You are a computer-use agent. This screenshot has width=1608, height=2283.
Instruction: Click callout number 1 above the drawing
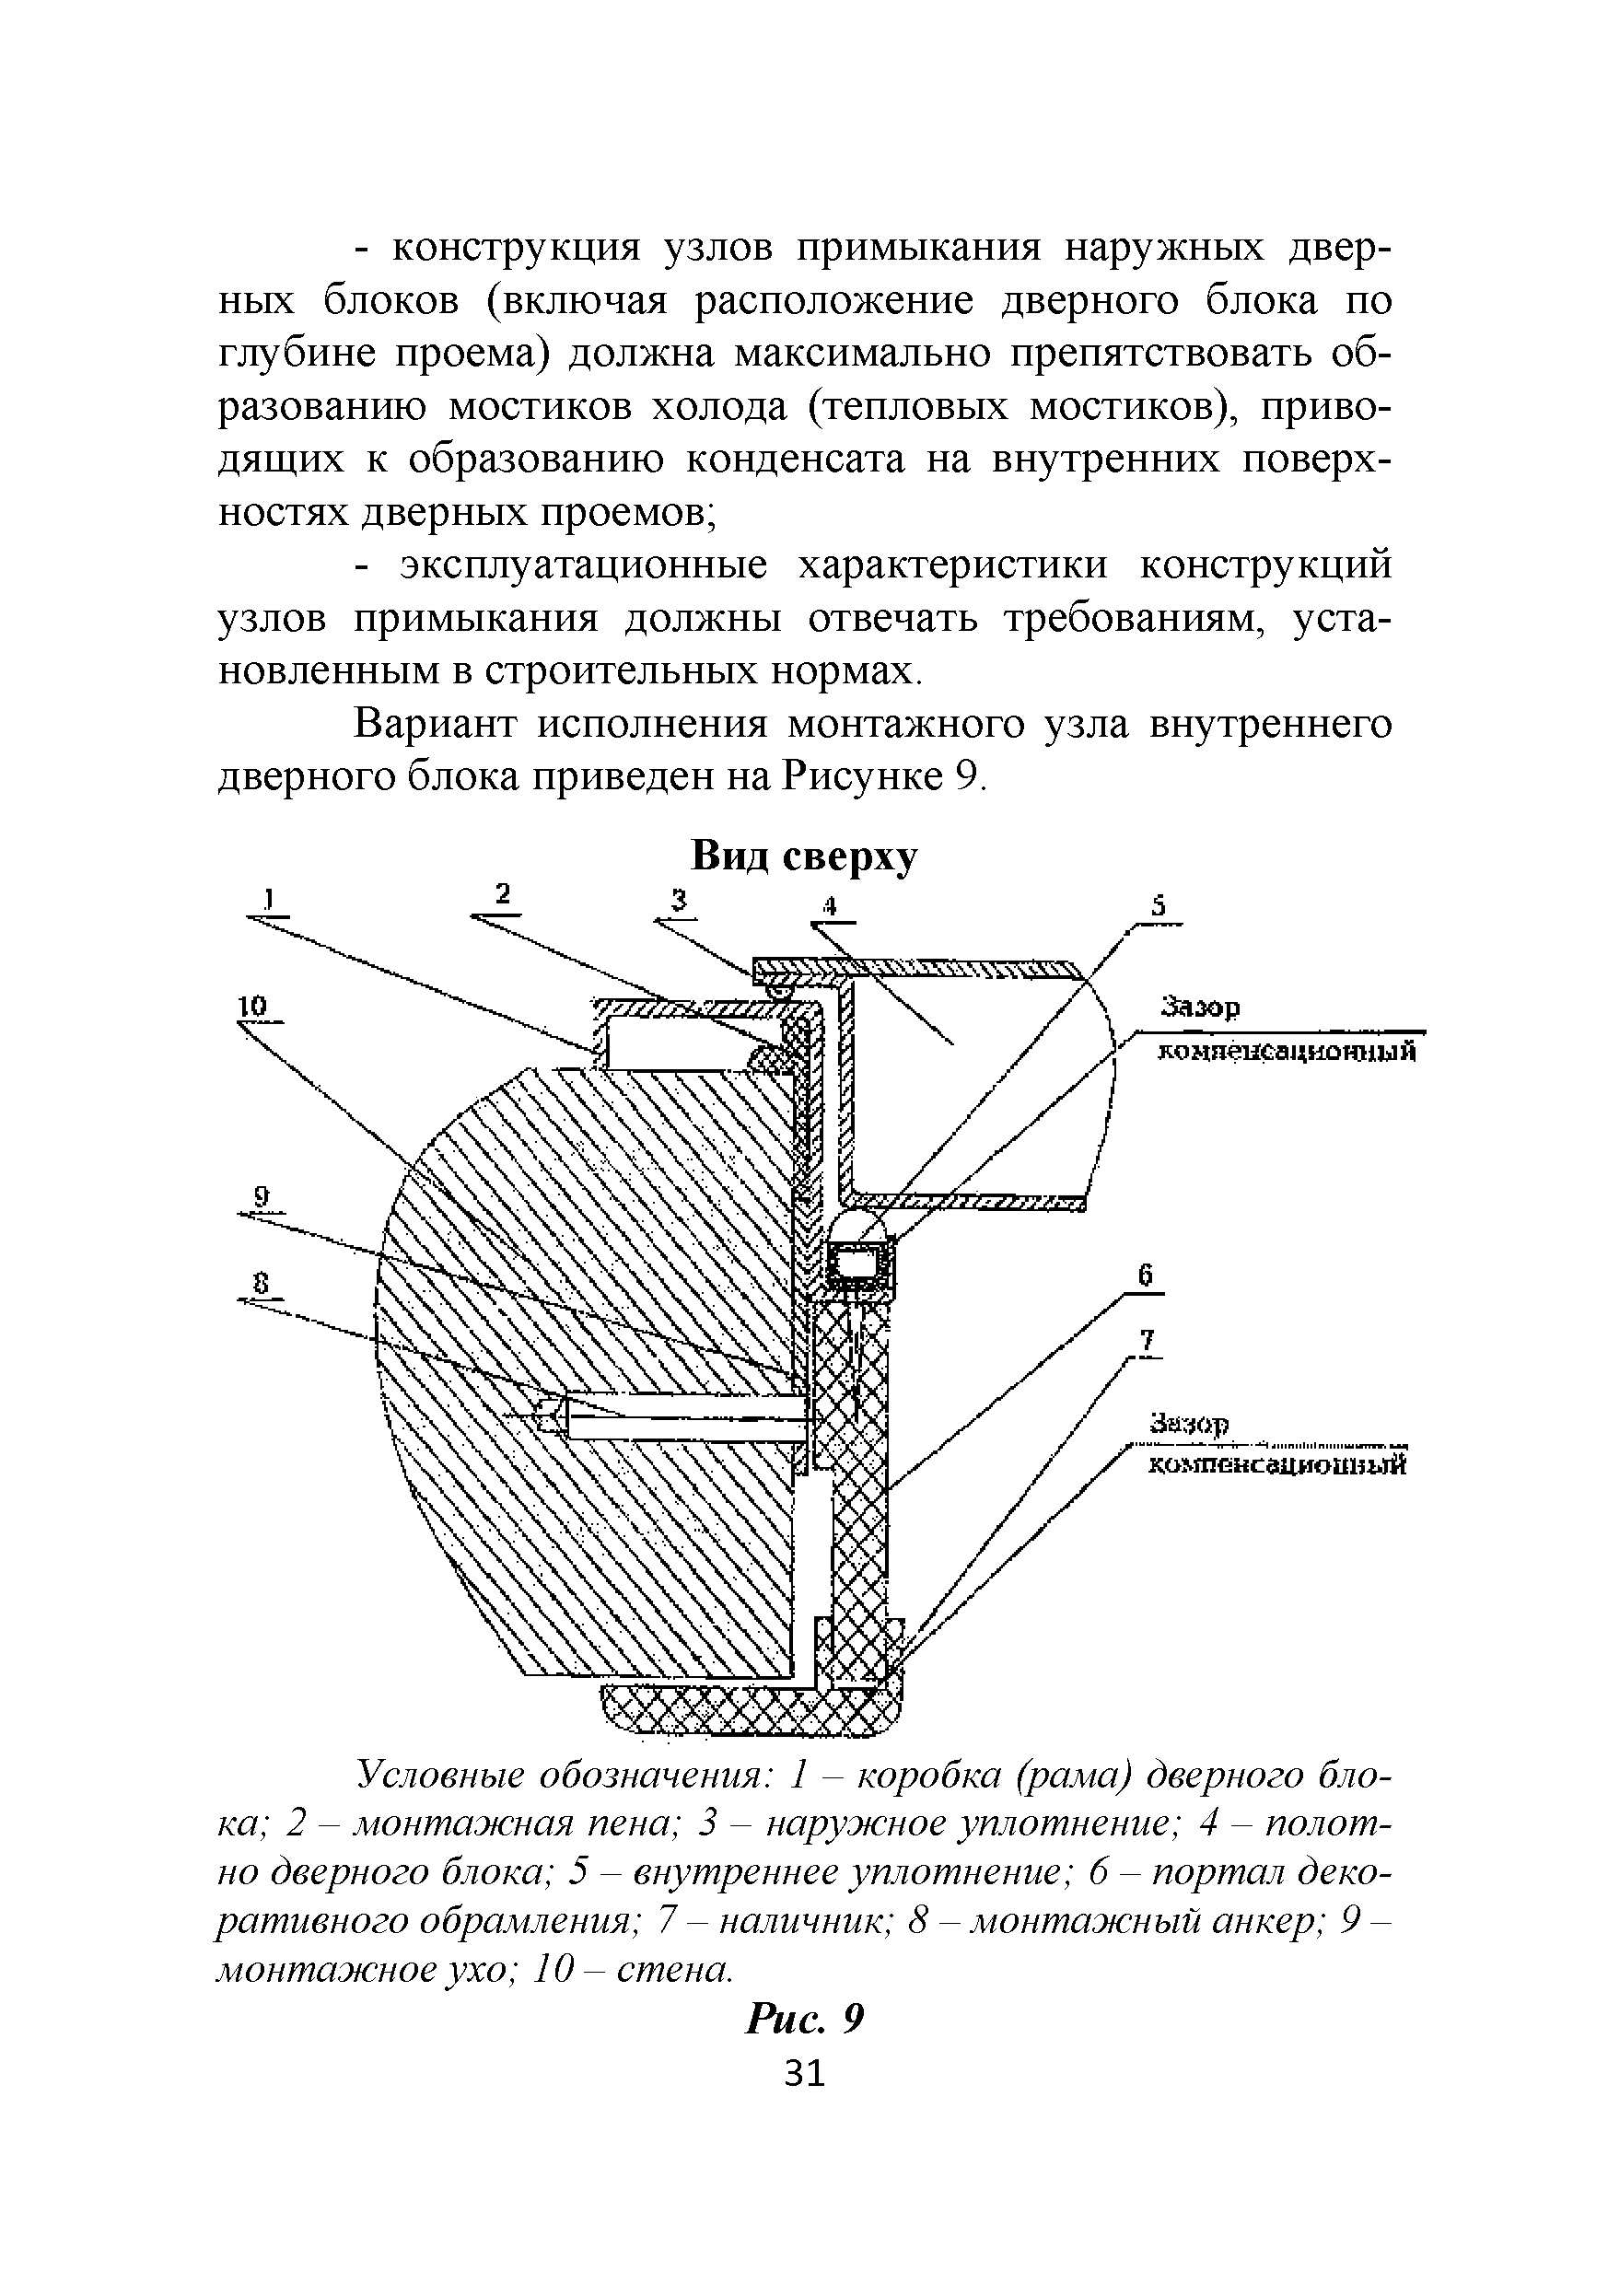coord(266,899)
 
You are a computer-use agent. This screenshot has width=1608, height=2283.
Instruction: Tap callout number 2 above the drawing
coord(503,894)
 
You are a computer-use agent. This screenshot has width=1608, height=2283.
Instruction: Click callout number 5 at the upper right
coord(1158,908)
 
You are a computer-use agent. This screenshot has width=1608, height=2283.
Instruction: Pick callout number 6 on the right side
coord(1146,1275)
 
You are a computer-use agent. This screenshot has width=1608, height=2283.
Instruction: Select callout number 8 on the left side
coord(262,1284)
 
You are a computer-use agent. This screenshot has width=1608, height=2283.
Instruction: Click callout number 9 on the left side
coord(262,1198)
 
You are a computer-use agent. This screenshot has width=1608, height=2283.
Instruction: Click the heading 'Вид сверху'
coord(803,856)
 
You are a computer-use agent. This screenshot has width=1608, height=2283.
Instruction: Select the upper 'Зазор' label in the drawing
coord(1200,1008)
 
